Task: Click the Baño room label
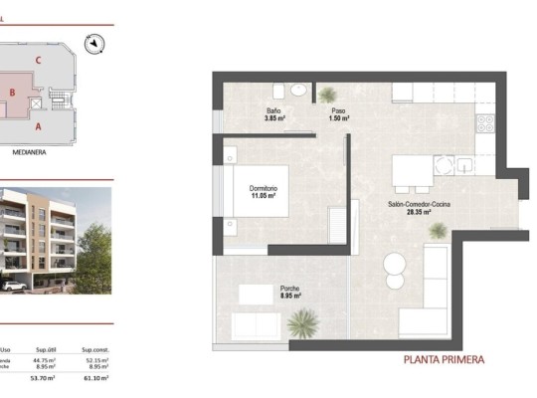tap(274, 110)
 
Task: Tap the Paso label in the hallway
tap(337, 110)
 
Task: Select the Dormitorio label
tap(263, 188)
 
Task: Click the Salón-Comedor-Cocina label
tap(417, 203)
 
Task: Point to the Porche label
tap(263, 288)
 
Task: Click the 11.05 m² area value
tap(263, 197)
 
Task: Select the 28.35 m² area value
tap(417, 212)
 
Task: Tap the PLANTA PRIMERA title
tap(445, 360)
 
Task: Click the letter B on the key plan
tap(12, 93)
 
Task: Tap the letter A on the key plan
tap(38, 126)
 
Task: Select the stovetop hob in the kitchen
tap(485, 124)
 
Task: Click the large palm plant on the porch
tap(300, 323)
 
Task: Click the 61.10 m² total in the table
tap(94, 378)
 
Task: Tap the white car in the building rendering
tap(13, 287)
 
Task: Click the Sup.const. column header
tap(94, 349)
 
